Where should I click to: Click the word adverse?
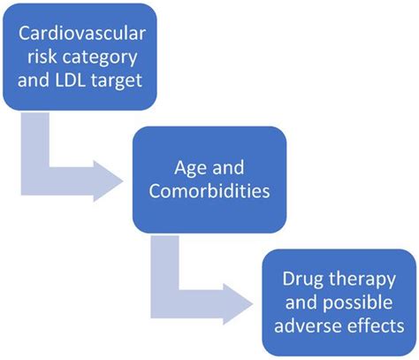click(304, 326)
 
